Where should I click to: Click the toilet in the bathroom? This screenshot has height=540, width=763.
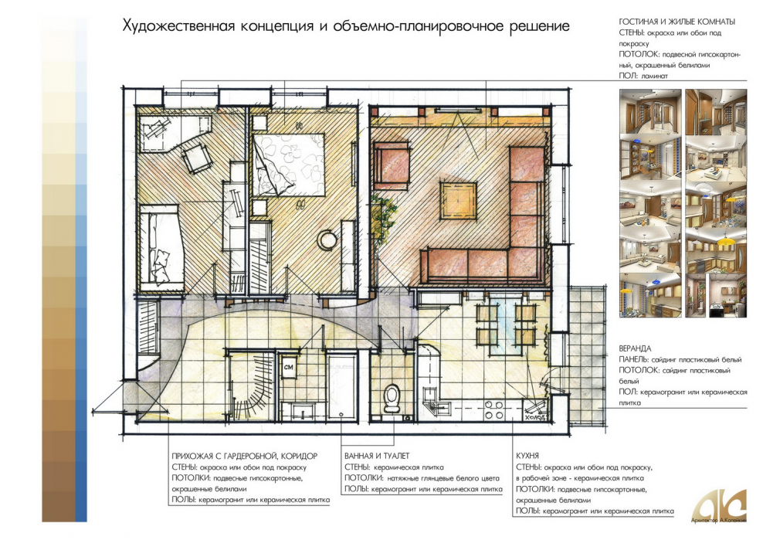point(392,397)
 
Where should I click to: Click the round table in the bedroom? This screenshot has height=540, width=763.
point(328,241)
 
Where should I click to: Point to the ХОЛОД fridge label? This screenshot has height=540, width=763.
point(535,416)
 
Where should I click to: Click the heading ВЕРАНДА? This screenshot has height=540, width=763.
point(636,348)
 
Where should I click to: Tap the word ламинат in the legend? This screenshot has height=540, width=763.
point(653,76)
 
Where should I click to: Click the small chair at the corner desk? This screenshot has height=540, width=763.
point(198,158)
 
